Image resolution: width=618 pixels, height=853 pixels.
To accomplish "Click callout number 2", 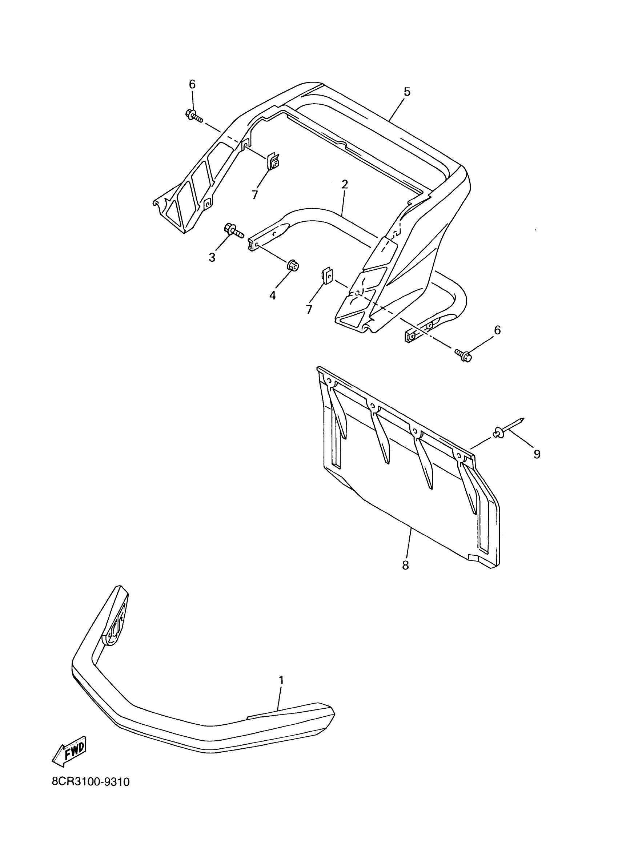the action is click(345, 184).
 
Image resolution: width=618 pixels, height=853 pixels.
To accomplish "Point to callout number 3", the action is click(212, 257).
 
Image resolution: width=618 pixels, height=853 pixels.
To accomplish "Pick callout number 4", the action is click(273, 295).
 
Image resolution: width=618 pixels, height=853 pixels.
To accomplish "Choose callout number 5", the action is click(407, 92).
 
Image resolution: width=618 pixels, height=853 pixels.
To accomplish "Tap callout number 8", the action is click(405, 575).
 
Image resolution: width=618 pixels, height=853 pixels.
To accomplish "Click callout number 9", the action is click(537, 454).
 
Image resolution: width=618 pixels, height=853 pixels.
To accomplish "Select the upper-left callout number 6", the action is click(192, 84).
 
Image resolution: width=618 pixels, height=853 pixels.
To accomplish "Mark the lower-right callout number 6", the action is click(497, 330).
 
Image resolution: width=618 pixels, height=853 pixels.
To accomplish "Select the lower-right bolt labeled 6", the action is click(463, 354).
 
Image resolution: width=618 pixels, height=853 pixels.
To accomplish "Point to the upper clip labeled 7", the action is click(273, 160).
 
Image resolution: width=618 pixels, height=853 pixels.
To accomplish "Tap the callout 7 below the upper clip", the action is click(255, 194).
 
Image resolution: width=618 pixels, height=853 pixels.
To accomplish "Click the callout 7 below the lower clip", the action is click(309, 309).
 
